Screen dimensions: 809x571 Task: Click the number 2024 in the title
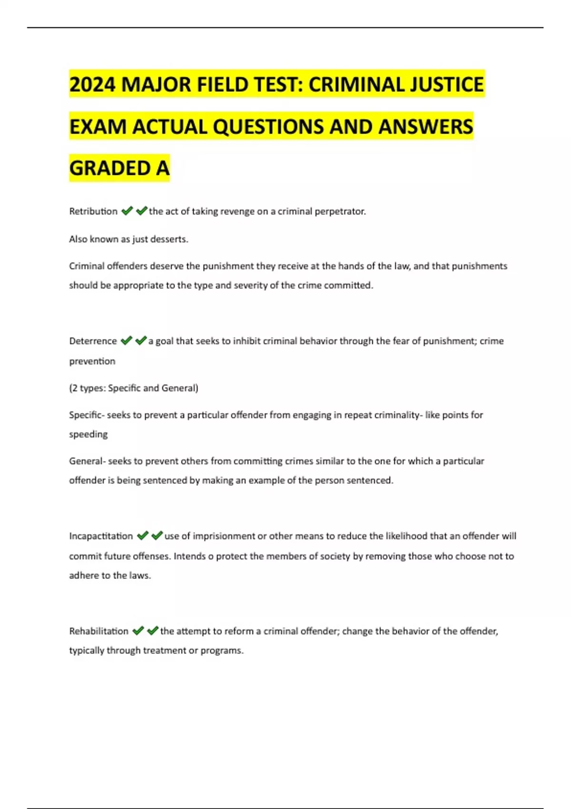[x=92, y=85]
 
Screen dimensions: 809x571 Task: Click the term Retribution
[x=93, y=211]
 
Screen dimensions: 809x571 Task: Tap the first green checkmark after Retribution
[x=127, y=211]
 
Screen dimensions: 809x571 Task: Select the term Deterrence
[x=93, y=341]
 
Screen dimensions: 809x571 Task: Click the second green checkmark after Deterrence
[x=141, y=341]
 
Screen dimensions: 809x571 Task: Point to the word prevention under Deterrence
[x=92, y=361]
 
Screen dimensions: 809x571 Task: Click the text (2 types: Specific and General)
[x=134, y=388]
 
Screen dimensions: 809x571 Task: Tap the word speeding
[x=89, y=434]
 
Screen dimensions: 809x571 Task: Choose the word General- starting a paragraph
[x=87, y=461]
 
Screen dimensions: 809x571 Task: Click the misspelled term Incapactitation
[x=101, y=536]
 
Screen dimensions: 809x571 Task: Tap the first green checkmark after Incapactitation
[x=142, y=536]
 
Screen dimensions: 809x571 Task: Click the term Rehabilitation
[x=98, y=631]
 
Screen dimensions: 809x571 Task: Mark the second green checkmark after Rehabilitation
[x=152, y=631]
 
